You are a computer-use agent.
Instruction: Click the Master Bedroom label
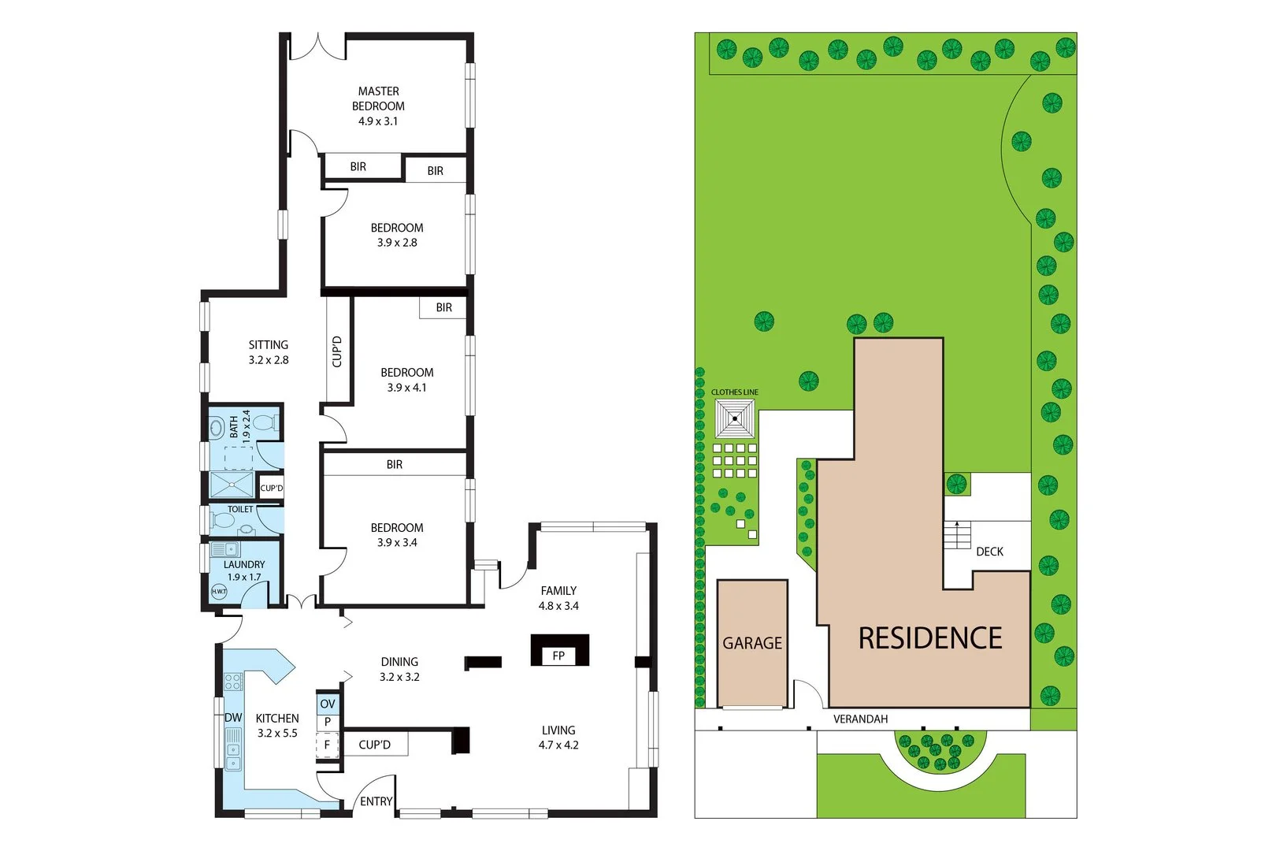[378, 98]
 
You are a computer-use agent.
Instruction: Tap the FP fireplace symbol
[558, 655]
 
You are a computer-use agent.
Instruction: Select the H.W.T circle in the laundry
[219, 591]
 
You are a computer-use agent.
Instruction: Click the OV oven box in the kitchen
[328, 704]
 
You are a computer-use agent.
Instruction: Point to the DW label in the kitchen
[233, 718]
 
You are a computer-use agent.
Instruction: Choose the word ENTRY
[376, 801]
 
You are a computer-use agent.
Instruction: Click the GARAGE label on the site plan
[752, 643]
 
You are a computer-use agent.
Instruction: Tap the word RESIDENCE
[930, 638]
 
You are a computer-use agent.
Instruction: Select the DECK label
[989, 552]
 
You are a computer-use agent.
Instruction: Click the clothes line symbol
[735, 418]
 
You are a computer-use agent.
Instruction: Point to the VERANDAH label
[860, 719]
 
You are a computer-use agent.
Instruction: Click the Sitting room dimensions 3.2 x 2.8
[269, 360]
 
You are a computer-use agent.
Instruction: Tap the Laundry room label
[244, 564]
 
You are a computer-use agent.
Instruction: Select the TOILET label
[241, 509]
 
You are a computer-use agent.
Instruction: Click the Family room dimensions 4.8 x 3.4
[558, 606]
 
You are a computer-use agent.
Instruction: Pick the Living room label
[558, 730]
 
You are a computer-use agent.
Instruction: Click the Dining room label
[399, 662]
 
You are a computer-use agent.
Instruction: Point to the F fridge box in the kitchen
[327, 745]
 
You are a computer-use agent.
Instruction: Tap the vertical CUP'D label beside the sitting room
[337, 351]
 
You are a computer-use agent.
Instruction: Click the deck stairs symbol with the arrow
[957, 535]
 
